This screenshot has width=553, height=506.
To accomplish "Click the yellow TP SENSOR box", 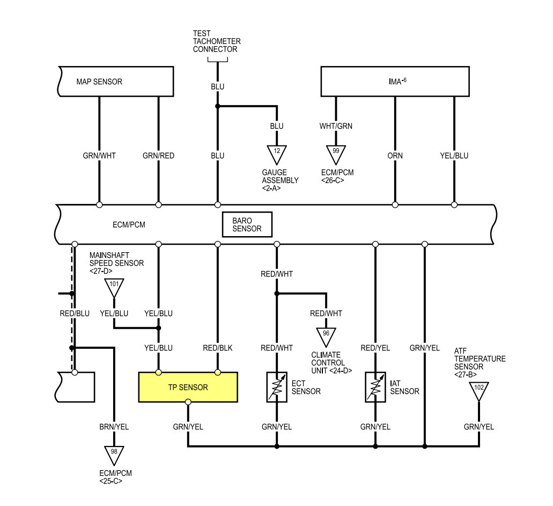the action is (188, 387).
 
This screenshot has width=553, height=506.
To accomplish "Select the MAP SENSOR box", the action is (116, 82).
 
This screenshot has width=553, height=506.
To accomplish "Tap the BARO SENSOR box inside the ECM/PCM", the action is (247, 224).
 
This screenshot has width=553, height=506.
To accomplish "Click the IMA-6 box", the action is (395, 82).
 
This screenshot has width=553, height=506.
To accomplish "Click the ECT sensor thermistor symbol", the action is (277, 387).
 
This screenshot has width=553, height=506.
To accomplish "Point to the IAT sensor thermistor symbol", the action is (375, 387).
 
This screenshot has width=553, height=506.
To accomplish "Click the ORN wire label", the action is (395, 156).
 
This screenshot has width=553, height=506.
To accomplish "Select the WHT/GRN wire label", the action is (336, 126).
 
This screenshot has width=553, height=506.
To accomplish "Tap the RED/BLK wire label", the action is (218, 348).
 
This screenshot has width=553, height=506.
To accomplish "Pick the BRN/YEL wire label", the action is (114, 427).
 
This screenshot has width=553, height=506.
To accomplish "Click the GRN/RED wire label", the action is (158, 156).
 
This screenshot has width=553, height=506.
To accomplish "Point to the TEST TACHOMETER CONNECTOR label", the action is (217, 41).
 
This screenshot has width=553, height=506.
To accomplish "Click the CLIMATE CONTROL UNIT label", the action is (331, 363).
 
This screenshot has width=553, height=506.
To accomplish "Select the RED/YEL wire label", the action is (375, 348).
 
